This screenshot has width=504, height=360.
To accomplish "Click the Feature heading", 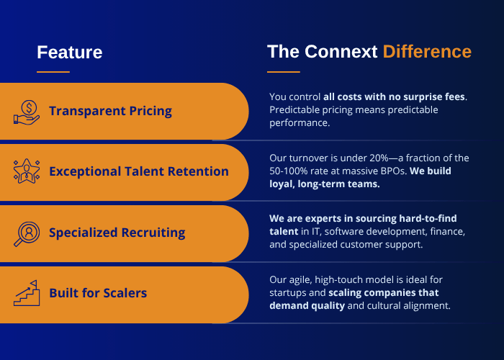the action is (x=69, y=52).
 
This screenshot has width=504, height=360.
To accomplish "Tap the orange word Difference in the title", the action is (x=427, y=51).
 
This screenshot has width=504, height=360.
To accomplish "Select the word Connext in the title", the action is (x=341, y=51).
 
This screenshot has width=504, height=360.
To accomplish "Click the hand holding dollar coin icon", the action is (x=27, y=112).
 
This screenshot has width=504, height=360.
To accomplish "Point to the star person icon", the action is (x=27, y=171).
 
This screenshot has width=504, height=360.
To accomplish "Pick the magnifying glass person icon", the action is (x=27, y=234).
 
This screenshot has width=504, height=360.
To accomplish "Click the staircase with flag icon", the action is (x=27, y=293).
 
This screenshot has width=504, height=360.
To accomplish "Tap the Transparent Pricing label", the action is (x=110, y=111).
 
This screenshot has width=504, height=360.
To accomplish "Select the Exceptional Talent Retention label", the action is (x=139, y=171).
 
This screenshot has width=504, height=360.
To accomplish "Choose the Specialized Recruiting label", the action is (x=117, y=233).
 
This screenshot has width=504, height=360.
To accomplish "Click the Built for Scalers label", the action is (x=98, y=293).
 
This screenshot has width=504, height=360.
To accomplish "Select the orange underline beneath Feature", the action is (x=53, y=72).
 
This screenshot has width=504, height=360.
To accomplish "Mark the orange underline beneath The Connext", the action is (x=284, y=72).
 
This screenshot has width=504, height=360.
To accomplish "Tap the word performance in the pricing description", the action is (x=300, y=123).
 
